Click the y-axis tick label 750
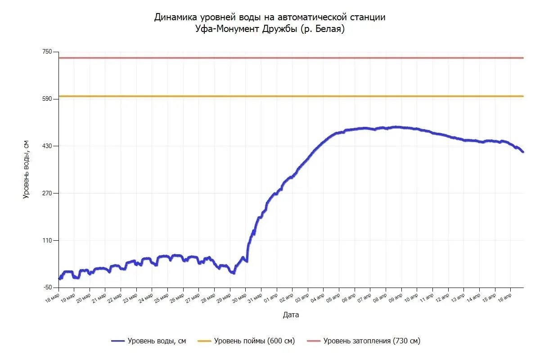46,52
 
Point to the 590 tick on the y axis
46,99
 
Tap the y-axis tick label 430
46,146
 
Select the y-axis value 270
46,193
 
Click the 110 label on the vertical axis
46,240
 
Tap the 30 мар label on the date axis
239,298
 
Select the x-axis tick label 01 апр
270,298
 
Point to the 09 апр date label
395,298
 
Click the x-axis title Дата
291,315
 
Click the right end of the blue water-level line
523,152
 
